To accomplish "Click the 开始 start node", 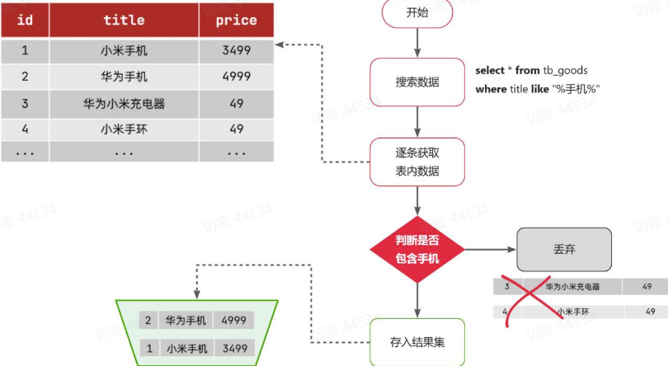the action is pyautogui.click(x=417, y=13).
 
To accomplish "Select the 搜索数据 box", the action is pyautogui.click(x=417, y=82).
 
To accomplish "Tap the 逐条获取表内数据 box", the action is pyautogui.click(x=417, y=162).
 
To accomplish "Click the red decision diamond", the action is pyautogui.click(x=417, y=249).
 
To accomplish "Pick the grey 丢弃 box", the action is pyautogui.click(x=564, y=249).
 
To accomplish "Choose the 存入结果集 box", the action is pyautogui.click(x=417, y=341).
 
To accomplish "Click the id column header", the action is pyautogui.click(x=25, y=20).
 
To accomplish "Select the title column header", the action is pyautogui.click(x=124, y=20).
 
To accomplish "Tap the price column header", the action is pyautogui.click(x=235, y=20).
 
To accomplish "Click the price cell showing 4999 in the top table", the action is pyautogui.click(x=235, y=77).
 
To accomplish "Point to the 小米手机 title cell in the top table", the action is pyautogui.click(x=124, y=50).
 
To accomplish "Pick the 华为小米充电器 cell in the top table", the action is pyautogui.click(x=124, y=104).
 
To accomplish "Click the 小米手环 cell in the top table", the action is pyautogui.click(x=124, y=129).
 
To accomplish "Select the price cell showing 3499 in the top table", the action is pyautogui.click(x=235, y=50).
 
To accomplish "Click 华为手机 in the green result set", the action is pyautogui.click(x=185, y=320).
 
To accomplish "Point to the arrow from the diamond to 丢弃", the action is pyautogui.click(x=490, y=249).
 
